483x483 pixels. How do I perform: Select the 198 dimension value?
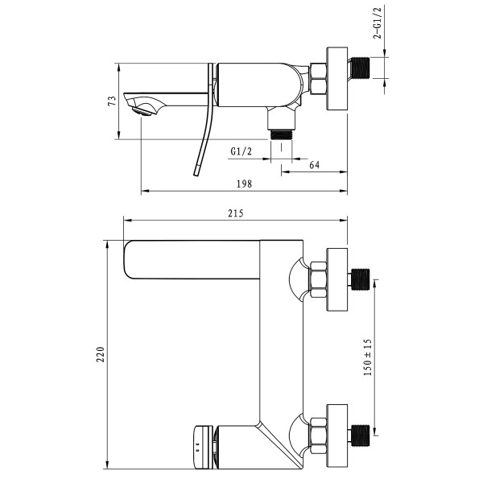[245, 184]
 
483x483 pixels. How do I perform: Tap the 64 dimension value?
[315, 164]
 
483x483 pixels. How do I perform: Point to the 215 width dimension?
[235, 213]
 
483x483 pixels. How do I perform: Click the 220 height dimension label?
[100, 353]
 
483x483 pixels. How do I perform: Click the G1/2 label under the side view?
[242, 151]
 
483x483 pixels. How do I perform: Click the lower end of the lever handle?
[196, 171]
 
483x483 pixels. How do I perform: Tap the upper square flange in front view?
[336, 279]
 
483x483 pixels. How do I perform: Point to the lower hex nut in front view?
[316, 431]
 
